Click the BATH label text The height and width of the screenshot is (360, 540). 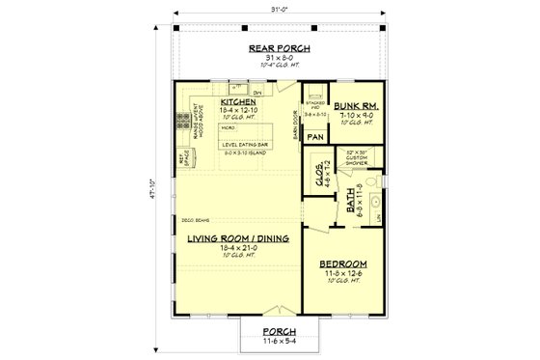[349, 205]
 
